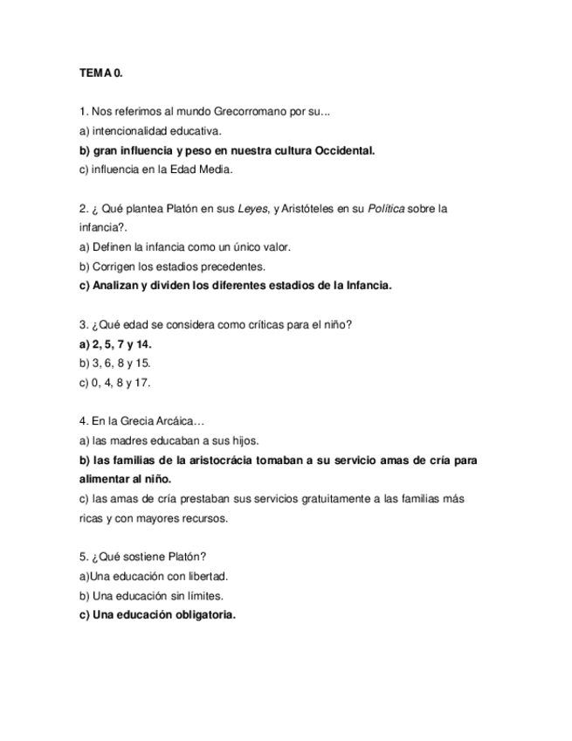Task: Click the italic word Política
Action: (x=386, y=209)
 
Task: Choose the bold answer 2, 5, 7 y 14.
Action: (x=115, y=344)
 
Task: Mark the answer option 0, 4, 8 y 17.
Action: (x=115, y=383)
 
